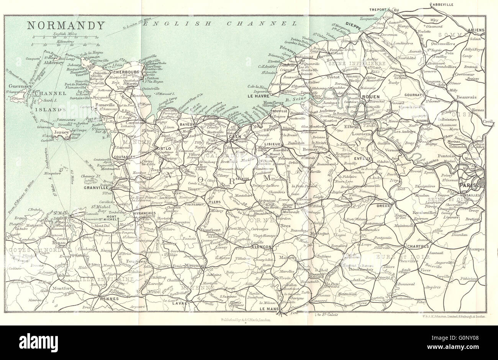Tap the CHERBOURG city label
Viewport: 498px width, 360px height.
coord(125,71)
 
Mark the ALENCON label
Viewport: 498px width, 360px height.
coord(262,247)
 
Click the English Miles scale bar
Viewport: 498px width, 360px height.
coord(65,38)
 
